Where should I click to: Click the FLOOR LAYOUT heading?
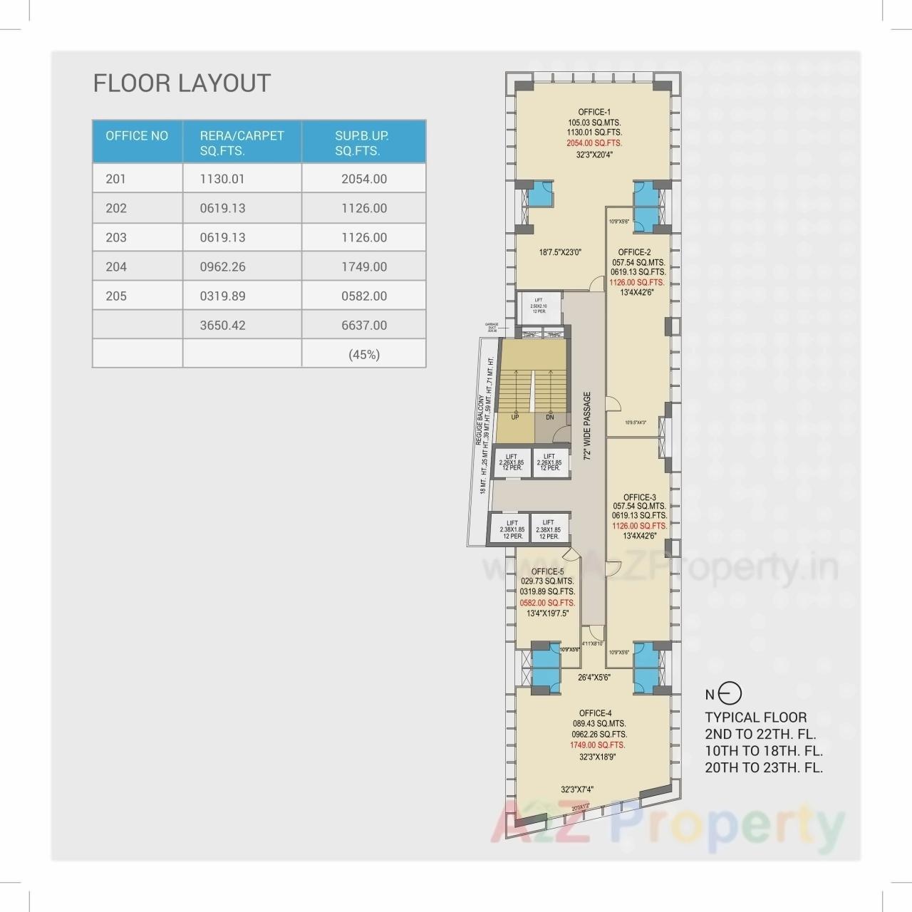(182, 83)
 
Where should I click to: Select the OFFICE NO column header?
(137, 135)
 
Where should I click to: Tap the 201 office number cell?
(115, 179)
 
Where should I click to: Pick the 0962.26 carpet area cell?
(222, 266)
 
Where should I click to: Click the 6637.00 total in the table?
(364, 325)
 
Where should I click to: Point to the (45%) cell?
(364, 354)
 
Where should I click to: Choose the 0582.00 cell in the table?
(364, 296)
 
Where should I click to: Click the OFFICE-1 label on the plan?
(594, 112)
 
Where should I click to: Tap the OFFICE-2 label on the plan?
(634, 252)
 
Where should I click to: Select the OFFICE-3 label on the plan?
(639, 497)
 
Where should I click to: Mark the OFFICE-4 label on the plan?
(595, 713)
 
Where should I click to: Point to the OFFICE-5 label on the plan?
(547, 571)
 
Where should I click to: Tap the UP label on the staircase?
(514, 417)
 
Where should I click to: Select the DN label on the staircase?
(550, 417)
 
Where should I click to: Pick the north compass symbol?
(732, 693)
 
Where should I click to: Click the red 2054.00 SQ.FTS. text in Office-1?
(594, 143)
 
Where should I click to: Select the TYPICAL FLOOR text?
(755, 717)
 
